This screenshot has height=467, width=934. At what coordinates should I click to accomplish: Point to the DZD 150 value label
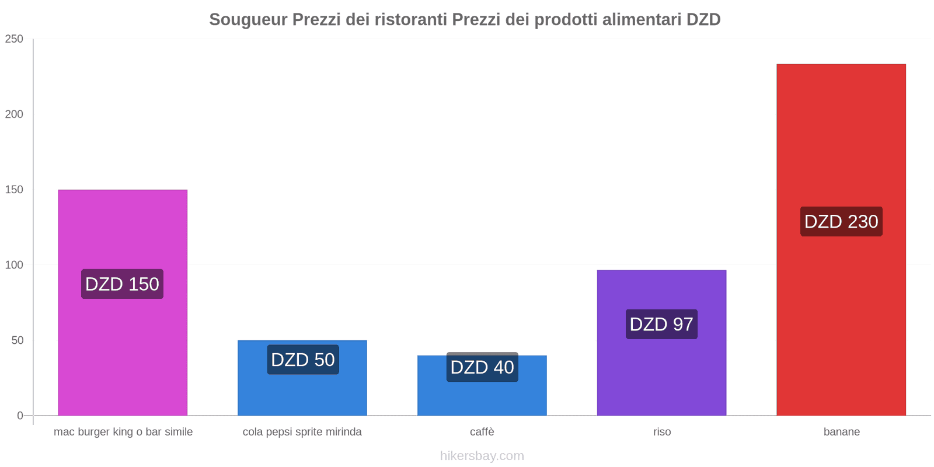pos(122,284)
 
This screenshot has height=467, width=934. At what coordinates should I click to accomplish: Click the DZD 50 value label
pos(303,360)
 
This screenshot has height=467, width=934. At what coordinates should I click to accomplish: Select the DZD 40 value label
pos(482,367)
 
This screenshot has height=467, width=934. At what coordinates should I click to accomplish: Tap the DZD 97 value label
pos(661,324)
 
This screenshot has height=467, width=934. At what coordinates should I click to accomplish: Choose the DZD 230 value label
pos(841,222)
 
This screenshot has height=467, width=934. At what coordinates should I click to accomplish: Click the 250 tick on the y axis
pos(14,39)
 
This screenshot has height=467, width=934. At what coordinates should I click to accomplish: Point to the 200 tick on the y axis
pos(14,114)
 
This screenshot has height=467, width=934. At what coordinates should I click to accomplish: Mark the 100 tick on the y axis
pos(14,265)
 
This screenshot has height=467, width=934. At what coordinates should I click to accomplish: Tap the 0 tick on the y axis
pos(20,416)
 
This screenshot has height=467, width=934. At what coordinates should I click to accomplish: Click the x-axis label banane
pos(841,432)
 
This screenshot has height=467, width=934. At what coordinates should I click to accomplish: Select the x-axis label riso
pos(662,432)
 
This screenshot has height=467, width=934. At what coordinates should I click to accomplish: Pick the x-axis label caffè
pos(482,432)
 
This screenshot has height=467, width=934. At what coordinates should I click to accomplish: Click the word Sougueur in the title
pos(248,20)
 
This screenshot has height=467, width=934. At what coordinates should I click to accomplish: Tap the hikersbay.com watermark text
pos(482,456)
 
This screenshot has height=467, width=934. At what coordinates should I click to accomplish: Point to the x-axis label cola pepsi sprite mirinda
pos(302,432)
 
